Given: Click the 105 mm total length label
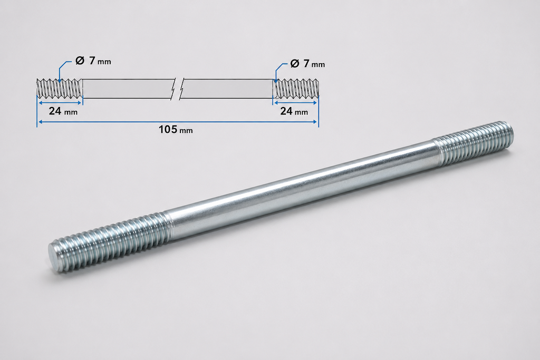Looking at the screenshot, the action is pyautogui.click(x=176, y=130).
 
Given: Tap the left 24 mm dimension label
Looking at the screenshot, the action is pyautogui.click(x=63, y=111).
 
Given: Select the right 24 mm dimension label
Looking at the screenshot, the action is pyautogui.click(x=294, y=111).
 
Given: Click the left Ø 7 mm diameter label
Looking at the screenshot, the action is pyautogui.click(x=93, y=61).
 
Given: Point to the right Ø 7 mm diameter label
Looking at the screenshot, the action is pyautogui.click(x=307, y=64).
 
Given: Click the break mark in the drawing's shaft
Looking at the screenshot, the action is pyautogui.click(x=177, y=89).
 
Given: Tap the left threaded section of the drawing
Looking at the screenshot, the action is pyautogui.click(x=60, y=89).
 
